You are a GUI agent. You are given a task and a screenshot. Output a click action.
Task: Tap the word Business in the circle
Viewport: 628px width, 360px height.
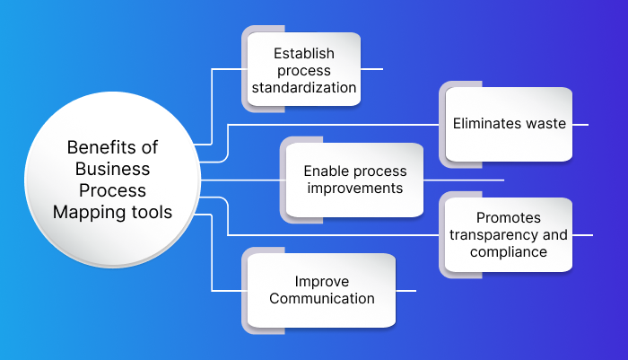[x=113, y=169]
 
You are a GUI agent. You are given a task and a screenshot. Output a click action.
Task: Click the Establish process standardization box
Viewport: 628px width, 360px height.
[x=304, y=70]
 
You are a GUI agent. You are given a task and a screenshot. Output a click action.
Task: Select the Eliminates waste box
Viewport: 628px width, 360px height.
[x=509, y=124]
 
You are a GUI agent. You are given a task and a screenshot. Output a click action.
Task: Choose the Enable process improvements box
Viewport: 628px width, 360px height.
[x=354, y=180]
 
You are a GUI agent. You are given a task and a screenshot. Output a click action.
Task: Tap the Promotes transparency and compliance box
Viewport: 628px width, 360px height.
[x=509, y=234]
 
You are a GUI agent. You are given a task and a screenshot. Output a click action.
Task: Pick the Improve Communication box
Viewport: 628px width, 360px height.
[x=321, y=289]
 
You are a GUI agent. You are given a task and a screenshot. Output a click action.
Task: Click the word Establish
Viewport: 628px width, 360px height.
[x=304, y=53]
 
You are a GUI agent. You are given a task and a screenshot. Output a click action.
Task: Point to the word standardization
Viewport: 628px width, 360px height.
[x=304, y=88]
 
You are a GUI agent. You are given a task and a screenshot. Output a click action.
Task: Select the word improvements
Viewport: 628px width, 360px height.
[x=354, y=189]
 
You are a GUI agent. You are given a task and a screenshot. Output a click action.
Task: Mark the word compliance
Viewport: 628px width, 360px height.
[x=509, y=251]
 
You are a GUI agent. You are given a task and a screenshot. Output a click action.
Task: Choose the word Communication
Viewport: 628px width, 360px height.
[x=321, y=298]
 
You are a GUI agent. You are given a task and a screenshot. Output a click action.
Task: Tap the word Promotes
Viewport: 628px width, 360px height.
[x=509, y=218]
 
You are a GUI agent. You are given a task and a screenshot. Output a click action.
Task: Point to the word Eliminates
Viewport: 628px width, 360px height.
[x=486, y=124]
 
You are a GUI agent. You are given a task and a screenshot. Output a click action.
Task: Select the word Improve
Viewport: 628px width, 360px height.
[x=321, y=280]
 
